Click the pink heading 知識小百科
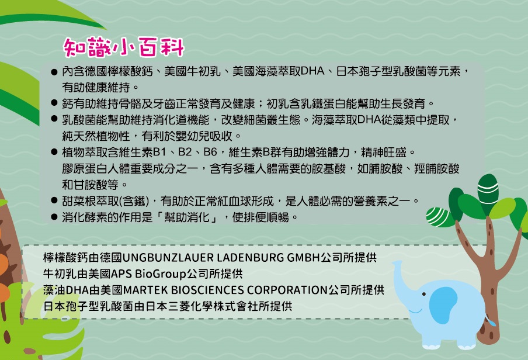(x=124, y=47)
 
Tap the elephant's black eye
(x=423, y=294)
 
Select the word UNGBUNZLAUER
(x=168, y=258)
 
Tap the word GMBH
(x=303, y=258)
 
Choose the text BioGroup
(x=161, y=274)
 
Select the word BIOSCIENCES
(x=207, y=290)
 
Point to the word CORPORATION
(x=287, y=290)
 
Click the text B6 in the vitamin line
(x=210, y=152)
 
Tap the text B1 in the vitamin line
(x=159, y=152)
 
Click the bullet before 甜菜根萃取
(x=54, y=200)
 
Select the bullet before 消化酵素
(x=54, y=217)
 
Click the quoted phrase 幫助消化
(x=187, y=217)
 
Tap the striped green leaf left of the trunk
(x=439, y=217)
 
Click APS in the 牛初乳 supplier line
(x=121, y=274)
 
